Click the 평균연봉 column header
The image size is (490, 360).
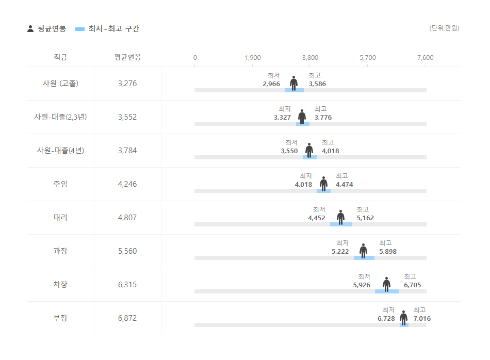click(127, 57)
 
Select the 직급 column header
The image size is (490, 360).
click(60, 57)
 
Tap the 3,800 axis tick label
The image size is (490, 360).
click(310, 57)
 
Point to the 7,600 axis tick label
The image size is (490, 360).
click(425, 57)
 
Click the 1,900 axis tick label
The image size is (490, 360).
click(253, 57)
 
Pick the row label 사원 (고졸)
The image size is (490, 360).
click(60, 84)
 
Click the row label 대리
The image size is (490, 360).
click(60, 218)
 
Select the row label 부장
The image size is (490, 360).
click(60, 318)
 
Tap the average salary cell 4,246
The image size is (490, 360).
click(127, 184)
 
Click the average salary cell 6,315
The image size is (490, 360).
click(127, 285)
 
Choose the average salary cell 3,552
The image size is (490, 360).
click(127, 117)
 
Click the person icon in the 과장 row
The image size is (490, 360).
click(363, 251)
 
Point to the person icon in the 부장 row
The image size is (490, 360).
click(403, 318)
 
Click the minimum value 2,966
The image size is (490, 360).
click(271, 84)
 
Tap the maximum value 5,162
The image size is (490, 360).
click(365, 218)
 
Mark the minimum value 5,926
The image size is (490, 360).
click(362, 285)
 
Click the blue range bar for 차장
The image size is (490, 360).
click(387, 291)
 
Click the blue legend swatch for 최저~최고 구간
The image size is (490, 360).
click(79, 29)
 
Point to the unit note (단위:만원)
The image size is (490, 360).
click(444, 28)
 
